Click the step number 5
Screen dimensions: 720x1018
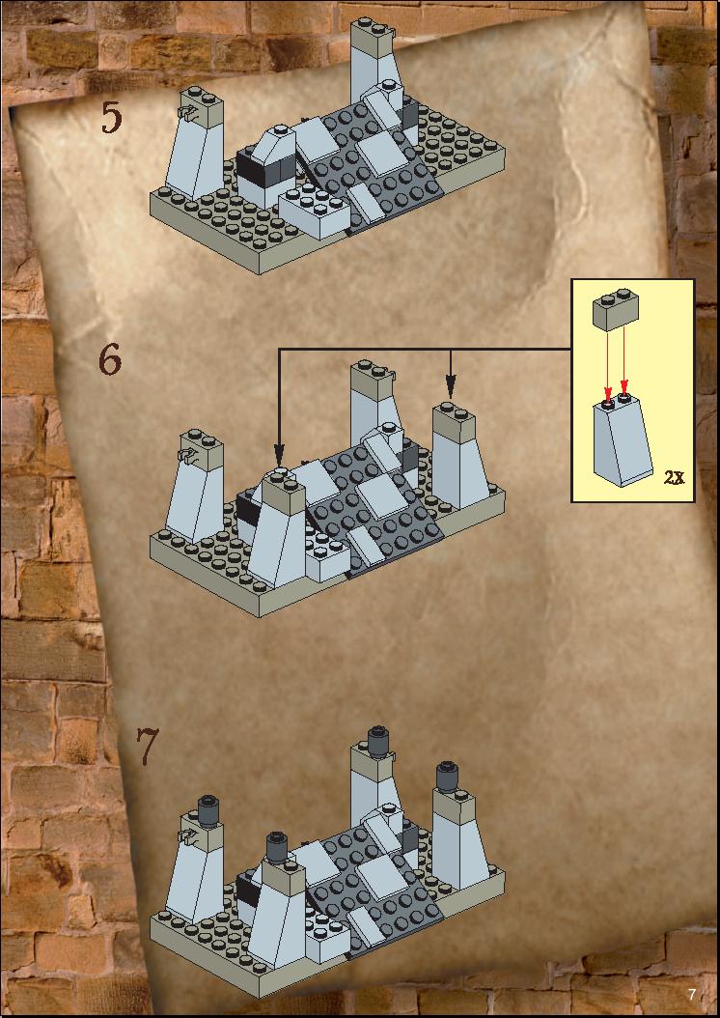[x=111, y=118]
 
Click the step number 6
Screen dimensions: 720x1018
[x=110, y=359]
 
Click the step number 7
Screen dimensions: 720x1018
[x=147, y=747]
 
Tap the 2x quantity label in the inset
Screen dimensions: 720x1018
[x=674, y=478]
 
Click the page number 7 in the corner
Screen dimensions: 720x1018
[x=691, y=994]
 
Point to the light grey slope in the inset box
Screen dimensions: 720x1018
[x=623, y=440]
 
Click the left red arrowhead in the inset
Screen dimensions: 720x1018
[x=608, y=394]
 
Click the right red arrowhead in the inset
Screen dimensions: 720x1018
[x=624, y=385]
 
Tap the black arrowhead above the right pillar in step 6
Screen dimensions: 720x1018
[x=451, y=387]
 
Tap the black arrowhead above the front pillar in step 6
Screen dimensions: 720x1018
[x=279, y=453]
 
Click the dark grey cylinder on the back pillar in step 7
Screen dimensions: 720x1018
[x=376, y=741]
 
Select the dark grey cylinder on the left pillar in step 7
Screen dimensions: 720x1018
[x=208, y=811]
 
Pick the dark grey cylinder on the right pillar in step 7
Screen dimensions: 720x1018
[x=447, y=776]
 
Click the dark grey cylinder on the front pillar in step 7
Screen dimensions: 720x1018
[x=277, y=847]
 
